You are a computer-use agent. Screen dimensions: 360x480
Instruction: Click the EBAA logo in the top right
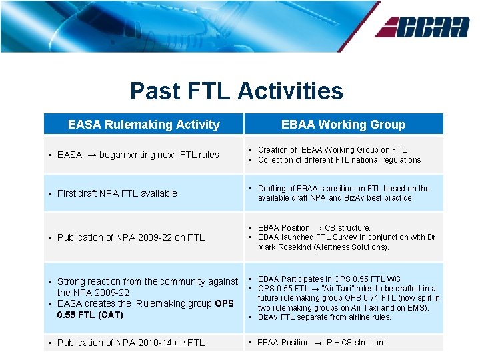tap(422, 27)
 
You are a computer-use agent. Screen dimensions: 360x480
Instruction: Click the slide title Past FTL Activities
tap(237, 91)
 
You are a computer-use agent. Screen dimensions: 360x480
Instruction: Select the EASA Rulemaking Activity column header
tap(143, 125)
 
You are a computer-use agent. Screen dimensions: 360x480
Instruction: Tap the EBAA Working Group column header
tap(343, 125)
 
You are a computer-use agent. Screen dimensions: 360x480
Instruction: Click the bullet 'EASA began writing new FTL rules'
tap(138, 155)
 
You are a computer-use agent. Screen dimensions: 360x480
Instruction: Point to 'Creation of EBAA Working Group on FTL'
tap(332, 150)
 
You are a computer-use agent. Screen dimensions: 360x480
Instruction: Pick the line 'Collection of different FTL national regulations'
tap(339, 160)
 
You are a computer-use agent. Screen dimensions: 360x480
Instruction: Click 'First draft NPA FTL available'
tap(117, 193)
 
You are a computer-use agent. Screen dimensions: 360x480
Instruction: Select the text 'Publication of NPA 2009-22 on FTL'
tap(131, 237)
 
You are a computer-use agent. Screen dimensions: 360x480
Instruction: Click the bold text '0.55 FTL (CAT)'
tap(90, 315)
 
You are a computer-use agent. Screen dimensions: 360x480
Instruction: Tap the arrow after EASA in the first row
tap(91, 155)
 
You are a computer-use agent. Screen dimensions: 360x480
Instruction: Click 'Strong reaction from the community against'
tap(147, 282)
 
